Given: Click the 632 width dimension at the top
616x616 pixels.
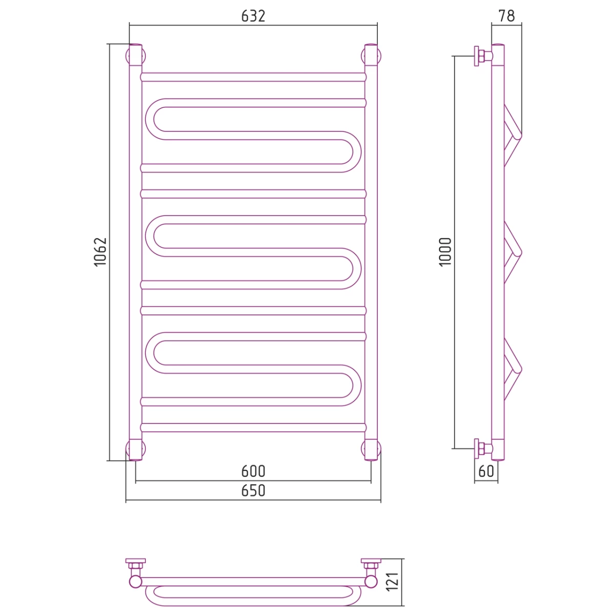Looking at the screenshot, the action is [x=253, y=16].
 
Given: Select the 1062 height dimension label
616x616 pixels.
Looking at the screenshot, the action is [x=100, y=252].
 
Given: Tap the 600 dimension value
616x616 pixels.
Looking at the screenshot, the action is [x=253, y=471].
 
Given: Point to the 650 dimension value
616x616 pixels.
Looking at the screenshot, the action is [x=253, y=491].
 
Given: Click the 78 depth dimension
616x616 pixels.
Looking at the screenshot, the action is [x=507, y=16].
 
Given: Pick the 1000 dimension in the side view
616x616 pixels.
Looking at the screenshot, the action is [x=445, y=252].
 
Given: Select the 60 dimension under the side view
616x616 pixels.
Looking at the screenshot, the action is [x=486, y=471].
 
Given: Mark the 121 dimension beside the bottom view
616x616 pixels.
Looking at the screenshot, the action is [x=393, y=586].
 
